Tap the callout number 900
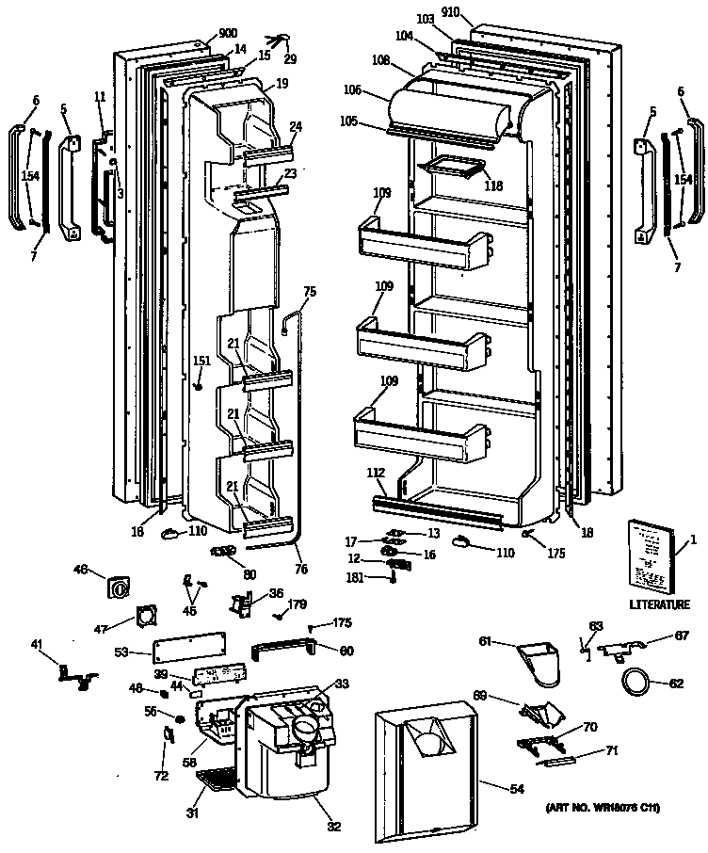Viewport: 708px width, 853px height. pyautogui.click(x=226, y=33)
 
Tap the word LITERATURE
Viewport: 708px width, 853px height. pyautogui.click(x=655, y=603)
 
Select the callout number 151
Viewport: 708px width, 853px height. pyautogui.click(x=201, y=359)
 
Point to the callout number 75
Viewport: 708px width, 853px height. pyautogui.click(x=310, y=291)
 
